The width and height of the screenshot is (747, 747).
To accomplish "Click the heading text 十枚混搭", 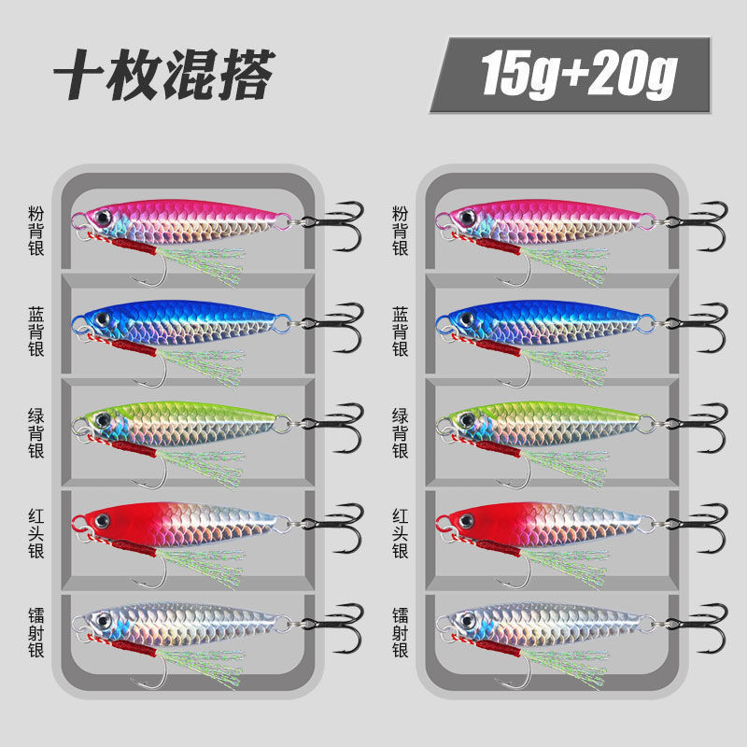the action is [163, 75].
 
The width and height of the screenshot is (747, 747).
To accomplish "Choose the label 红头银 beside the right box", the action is [400, 533].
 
